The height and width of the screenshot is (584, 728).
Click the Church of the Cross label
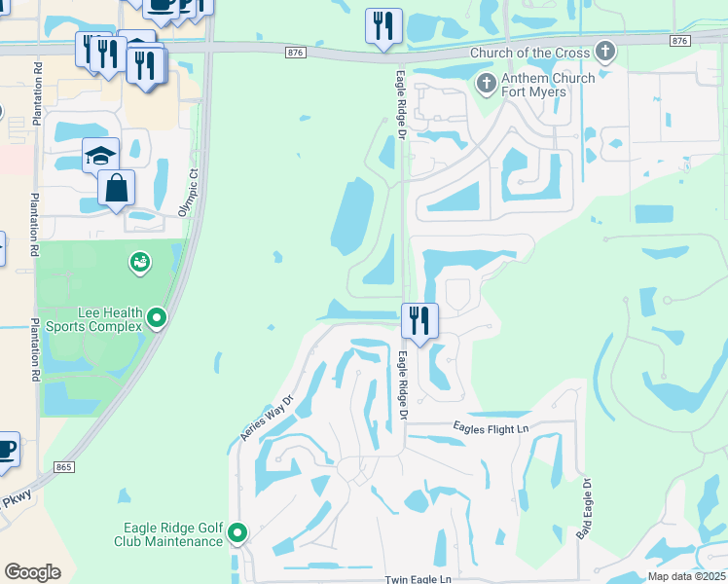(x=530, y=52)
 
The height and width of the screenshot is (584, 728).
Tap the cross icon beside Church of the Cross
(x=605, y=51)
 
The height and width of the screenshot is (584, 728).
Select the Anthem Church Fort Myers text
(x=546, y=85)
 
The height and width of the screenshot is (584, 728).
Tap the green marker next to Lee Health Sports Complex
(x=157, y=317)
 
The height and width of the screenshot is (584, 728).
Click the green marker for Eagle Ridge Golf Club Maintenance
(x=237, y=532)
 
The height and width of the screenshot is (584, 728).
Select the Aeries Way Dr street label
(x=267, y=419)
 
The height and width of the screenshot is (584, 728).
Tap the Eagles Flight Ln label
(x=491, y=428)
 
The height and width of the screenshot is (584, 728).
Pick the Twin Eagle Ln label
(x=418, y=578)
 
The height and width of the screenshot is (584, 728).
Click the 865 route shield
(x=65, y=468)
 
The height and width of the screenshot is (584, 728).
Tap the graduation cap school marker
(x=100, y=156)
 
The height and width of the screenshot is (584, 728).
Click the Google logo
(x=32, y=572)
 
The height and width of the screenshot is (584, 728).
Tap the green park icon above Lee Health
(x=139, y=262)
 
